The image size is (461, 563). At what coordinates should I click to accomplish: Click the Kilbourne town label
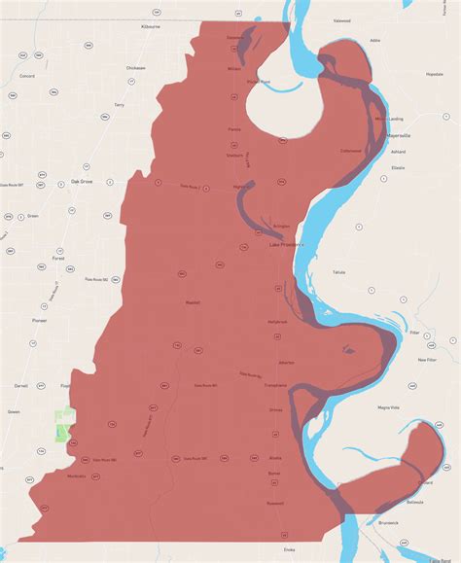click(150, 28)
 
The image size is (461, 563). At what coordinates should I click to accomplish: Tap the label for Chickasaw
click(135, 68)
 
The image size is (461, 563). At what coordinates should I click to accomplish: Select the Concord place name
click(27, 75)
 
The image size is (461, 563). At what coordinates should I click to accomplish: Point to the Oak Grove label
click(82, 181)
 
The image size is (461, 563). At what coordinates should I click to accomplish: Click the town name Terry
click(119, 104)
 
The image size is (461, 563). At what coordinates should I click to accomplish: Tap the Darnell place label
click(20, 385)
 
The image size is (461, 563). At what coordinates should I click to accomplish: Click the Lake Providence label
click(287, 245)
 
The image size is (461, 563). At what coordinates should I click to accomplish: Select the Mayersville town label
click(401, 136)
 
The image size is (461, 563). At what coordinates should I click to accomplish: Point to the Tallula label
click(338, 272)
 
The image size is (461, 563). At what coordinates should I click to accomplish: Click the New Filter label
click(427, 360)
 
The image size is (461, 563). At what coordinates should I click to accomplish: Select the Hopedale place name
click(434, 74)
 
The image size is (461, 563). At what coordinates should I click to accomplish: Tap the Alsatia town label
click(275, 456)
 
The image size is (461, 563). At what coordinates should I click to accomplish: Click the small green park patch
click(64, 425)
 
